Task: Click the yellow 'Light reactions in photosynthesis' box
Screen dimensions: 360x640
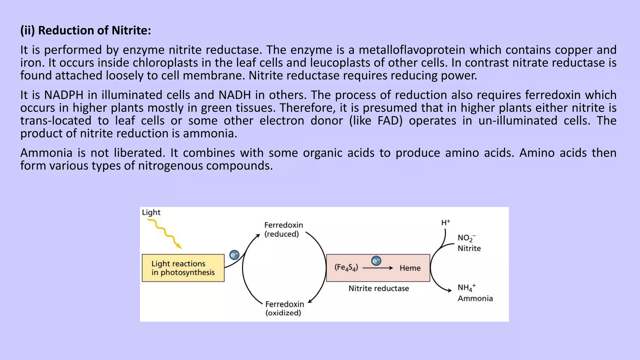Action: pos(183,268)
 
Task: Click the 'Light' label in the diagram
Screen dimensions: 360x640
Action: pos(151,212)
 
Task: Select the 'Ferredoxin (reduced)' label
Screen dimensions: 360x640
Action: pos(283,229)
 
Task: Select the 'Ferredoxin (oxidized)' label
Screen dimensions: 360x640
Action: pos(284,308)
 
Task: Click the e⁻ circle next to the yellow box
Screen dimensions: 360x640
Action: pos(234,255)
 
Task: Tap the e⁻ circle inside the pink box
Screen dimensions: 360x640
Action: pos(376,261)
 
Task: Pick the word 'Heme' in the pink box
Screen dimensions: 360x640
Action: pos(410,268)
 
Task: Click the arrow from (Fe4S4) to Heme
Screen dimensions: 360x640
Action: pos(377,268)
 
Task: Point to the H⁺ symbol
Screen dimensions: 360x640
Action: pos(445,222)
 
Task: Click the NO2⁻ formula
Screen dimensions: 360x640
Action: pos(466,238)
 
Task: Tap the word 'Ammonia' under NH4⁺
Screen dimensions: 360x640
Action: pos(475,298)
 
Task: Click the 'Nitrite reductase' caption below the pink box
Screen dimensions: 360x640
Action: pos(378,288)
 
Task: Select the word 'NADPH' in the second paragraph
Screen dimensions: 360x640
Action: pos(64,95)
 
